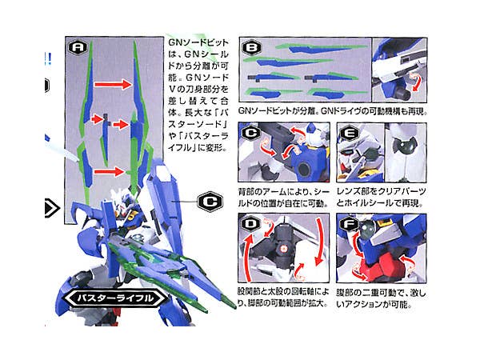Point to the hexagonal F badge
coord(347,225)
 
